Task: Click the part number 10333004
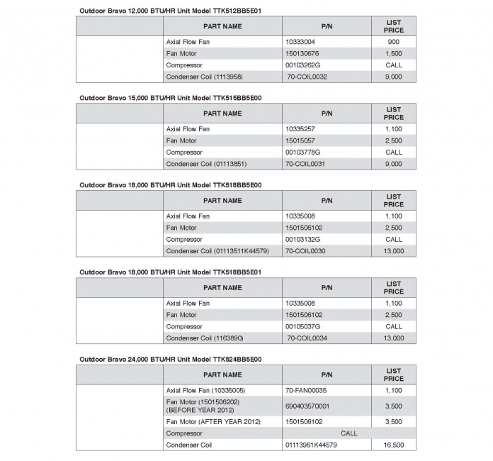pos(300,42)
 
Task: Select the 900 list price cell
pos(393,42)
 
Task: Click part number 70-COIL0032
pos(307,77)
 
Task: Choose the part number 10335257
pos(300,129)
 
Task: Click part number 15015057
pos(300,140)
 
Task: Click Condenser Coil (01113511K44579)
pos(217,251)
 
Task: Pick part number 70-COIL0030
pos(306,251)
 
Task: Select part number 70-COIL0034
pos(307,338)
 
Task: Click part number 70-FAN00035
pos(306,390)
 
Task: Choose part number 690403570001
pos(307,406)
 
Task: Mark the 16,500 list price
pos(393,445)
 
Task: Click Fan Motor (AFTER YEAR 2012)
pos(213,421)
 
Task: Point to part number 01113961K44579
pos(312,445)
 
